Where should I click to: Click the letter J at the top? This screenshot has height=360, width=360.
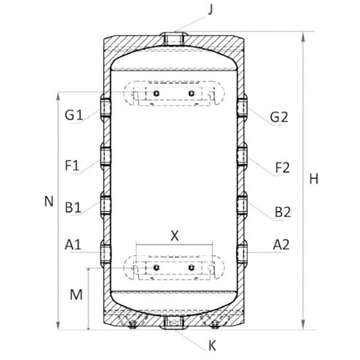tap(211, 10)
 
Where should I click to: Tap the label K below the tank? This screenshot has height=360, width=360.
tap(212, 346)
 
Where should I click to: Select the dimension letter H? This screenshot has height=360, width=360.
tap(314, 179)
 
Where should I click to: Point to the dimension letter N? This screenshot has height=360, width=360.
tap(49, 202)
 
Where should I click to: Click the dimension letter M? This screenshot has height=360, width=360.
tap(76, 295)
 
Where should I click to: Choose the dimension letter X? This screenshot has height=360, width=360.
tap(175, 236)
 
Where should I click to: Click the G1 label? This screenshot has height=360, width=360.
tap(73, 115)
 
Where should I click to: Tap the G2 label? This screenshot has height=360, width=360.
tap(279, 117)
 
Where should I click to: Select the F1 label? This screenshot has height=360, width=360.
tap(72, 166)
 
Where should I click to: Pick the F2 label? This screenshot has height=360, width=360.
tap(283, 168)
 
